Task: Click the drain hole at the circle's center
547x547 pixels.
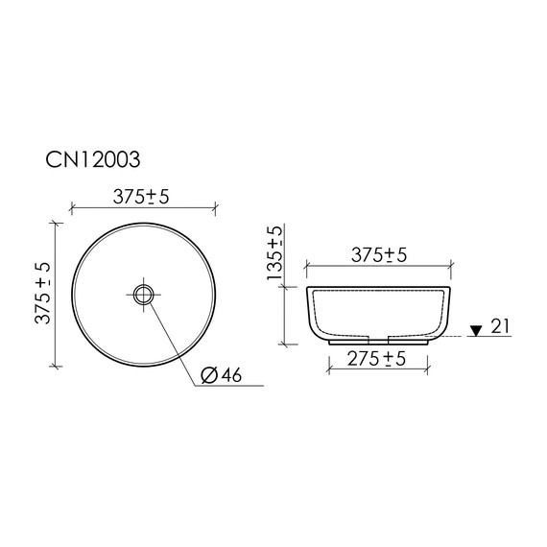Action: (144, 294)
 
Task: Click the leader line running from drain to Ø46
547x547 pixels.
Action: (175, 337)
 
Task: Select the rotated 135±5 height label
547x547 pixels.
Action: (276, 252)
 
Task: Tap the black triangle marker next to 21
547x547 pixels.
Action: (474, 331)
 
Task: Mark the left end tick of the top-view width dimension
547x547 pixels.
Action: (73, 205)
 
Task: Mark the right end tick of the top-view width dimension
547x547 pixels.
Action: (215, 205)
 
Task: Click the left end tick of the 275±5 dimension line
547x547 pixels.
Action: (328, 369)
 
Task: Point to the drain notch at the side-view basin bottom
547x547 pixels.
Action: (377, 338)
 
